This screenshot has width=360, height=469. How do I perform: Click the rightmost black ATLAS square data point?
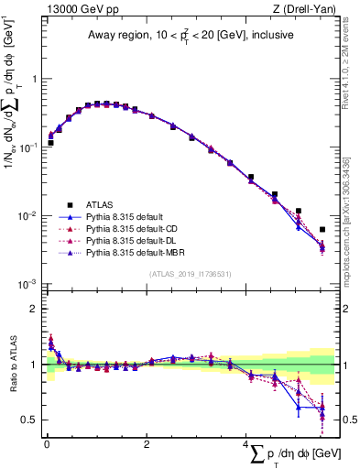point(322,230)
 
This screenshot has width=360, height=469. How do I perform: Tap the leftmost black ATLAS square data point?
point(51,143)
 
